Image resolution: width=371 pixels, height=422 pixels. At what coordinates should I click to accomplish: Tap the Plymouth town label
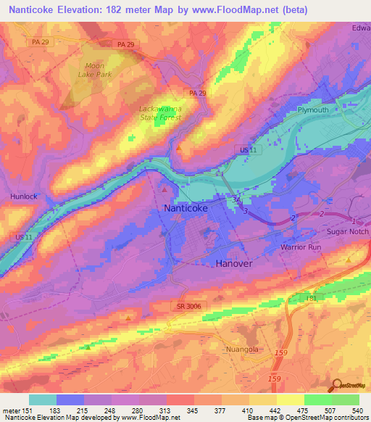click(x=313, y=109)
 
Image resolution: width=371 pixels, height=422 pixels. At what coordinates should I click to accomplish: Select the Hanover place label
click(x=234, y=264)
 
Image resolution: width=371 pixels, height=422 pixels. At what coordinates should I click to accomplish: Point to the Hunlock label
click(x=23, y=196)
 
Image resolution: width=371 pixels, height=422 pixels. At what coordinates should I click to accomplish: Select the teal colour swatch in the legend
click(x=42, y=400)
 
